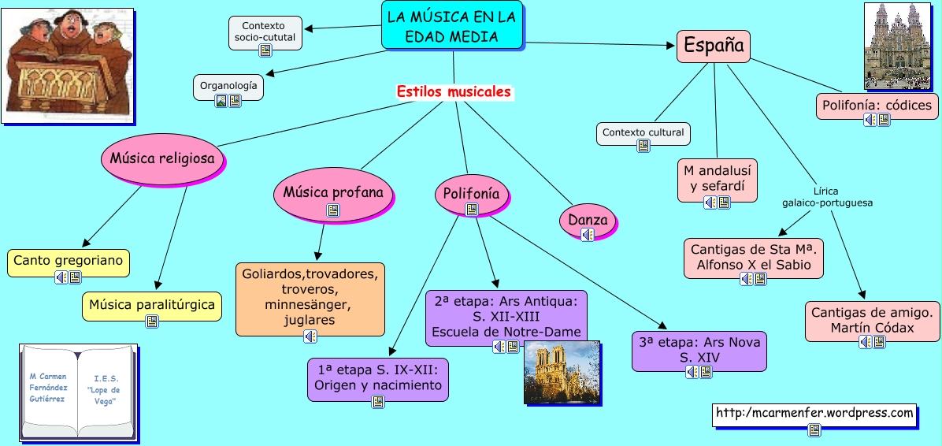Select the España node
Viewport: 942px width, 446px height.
tap(714, 46)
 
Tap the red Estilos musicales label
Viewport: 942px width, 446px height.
tap(454, 92)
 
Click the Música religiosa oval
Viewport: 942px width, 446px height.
tap(161, 159)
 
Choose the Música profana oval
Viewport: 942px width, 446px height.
tap(333, 192)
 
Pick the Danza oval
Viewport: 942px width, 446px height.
tap(588, 220)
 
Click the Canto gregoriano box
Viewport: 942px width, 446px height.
tap(69, 259)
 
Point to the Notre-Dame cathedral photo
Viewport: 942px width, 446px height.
tap(562, 372)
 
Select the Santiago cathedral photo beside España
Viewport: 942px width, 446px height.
tap(897, 46)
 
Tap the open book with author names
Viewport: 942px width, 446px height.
tap(78, 392)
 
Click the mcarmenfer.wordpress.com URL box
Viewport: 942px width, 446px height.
tap(814, 413)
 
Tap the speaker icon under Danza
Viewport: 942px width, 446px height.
tap(587, 235)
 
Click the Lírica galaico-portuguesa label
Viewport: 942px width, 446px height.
tap(826, 197)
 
